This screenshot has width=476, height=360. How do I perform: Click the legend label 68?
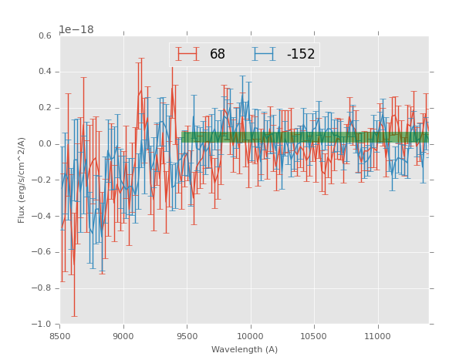(218, 55)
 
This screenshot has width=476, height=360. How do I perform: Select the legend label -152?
(300, 55)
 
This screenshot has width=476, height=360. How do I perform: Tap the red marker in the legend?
(187, 54)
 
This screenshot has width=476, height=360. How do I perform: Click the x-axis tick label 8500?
(60, 336)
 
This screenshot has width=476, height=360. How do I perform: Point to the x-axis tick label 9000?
(123, 336)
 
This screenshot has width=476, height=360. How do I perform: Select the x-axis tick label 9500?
(187, 336)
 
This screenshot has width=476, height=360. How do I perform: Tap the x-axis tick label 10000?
(250, 336)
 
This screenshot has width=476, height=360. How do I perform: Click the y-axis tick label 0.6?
(44, 36)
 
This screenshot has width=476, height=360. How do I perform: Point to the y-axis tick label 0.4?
(44, 72)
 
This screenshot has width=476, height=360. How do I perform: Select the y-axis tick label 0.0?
(44, 144)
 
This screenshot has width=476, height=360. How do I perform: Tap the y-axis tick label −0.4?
(42, 217)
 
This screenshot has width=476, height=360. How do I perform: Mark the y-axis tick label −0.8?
(42, 288)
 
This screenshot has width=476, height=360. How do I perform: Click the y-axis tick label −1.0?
(42, 325)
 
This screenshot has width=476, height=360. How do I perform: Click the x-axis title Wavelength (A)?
(245, 350)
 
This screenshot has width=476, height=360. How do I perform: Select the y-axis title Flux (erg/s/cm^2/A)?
(22, 180)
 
